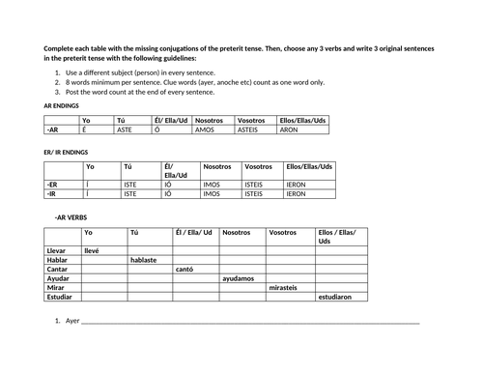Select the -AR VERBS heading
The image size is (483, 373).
pyautogui.click(x=73, y=218)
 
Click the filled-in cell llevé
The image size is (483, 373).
pyautogui.click(x=93, y=250)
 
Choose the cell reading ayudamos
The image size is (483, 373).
pyautogui.click(x=239, y=278)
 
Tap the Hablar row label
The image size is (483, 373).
pyautogui.click(x=57, y=259)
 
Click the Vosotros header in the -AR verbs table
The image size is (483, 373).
pyautogui.click(x=283, y=233)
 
